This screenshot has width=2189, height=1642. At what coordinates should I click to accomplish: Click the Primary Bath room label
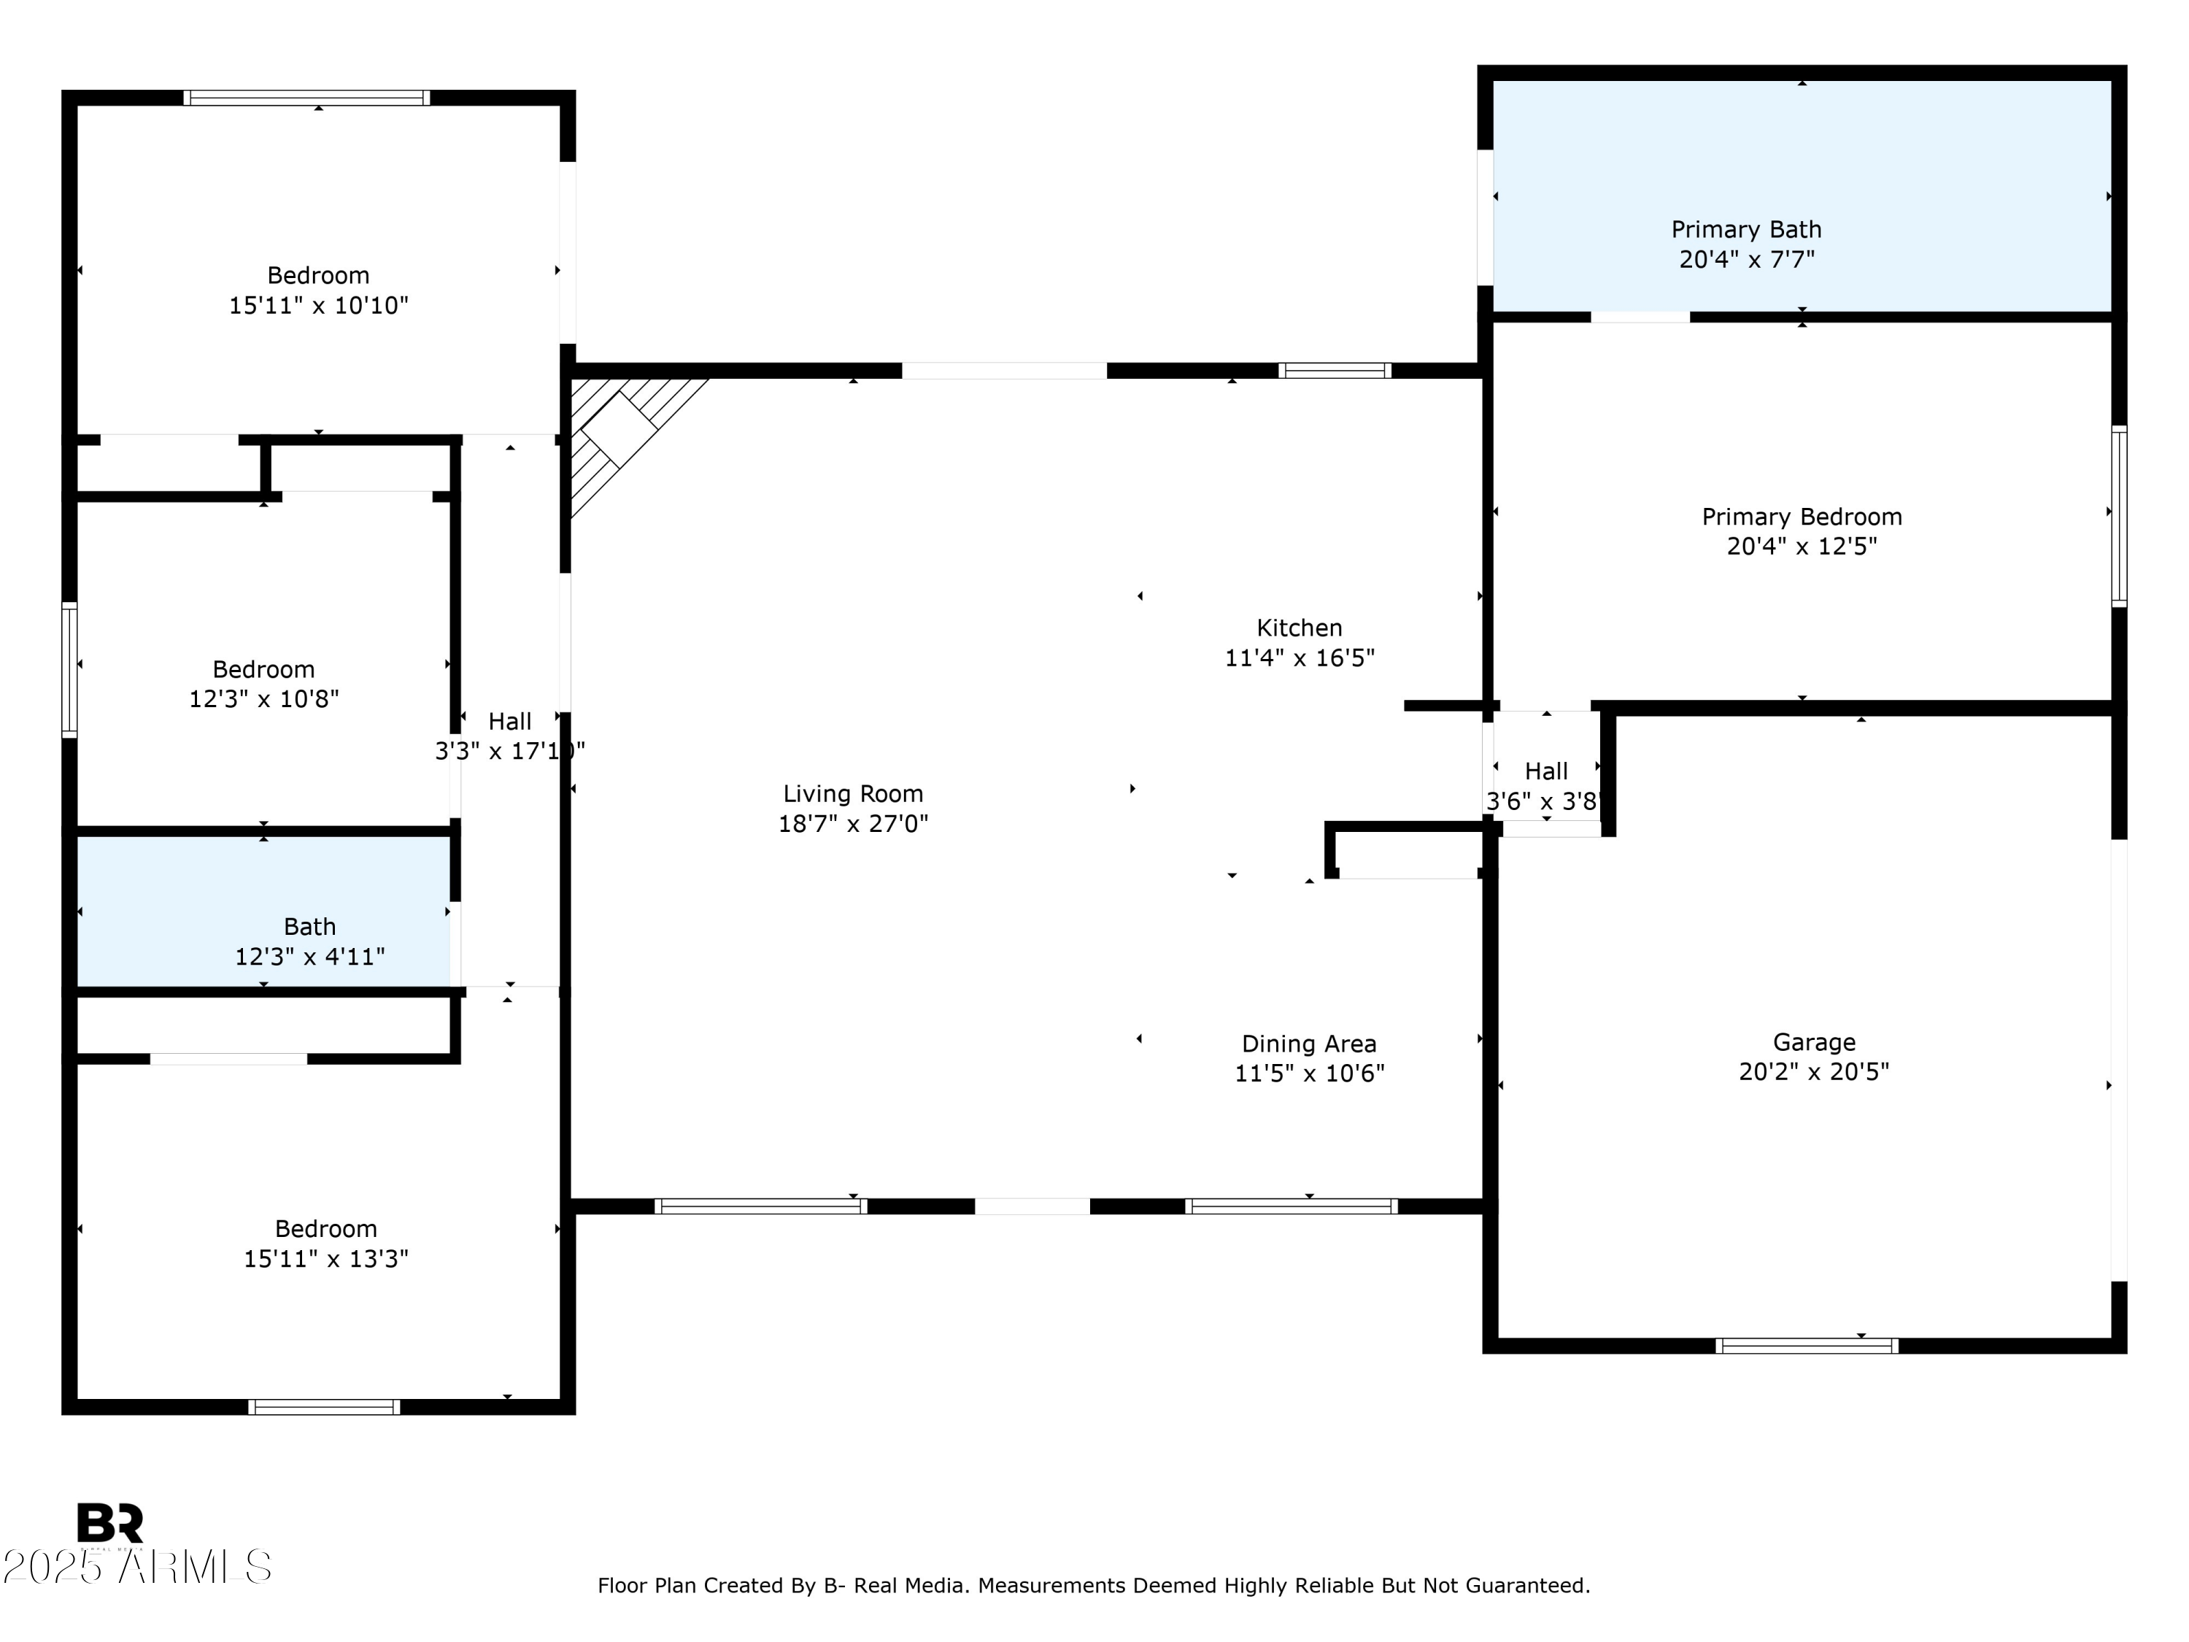(x=1745, y=230)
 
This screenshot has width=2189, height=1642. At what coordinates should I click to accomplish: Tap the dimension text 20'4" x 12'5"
(x=1801, y=547)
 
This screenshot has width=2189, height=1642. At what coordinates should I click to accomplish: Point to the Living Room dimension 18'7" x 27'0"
(x=852, y=823)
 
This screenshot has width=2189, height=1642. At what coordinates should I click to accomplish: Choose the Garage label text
(x=1813, y=1041)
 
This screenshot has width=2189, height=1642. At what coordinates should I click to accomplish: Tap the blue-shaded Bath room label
(x=310, y=926)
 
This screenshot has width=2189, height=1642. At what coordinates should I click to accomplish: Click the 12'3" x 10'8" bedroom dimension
(x=263, y=700)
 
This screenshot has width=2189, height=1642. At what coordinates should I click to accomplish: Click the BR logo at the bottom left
(x=110, y=1522)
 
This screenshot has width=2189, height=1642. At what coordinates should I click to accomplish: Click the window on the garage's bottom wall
(x=1806, y=1346)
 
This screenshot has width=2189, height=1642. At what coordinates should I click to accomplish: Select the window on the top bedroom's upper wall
(x=306, y=98)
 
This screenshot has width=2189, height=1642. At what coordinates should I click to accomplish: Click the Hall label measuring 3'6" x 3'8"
(x=1545, y=771)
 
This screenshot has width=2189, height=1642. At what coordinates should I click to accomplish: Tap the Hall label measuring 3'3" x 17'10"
(x=509, y=722)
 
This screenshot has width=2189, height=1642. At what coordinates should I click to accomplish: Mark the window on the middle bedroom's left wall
(x=69, y=669)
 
